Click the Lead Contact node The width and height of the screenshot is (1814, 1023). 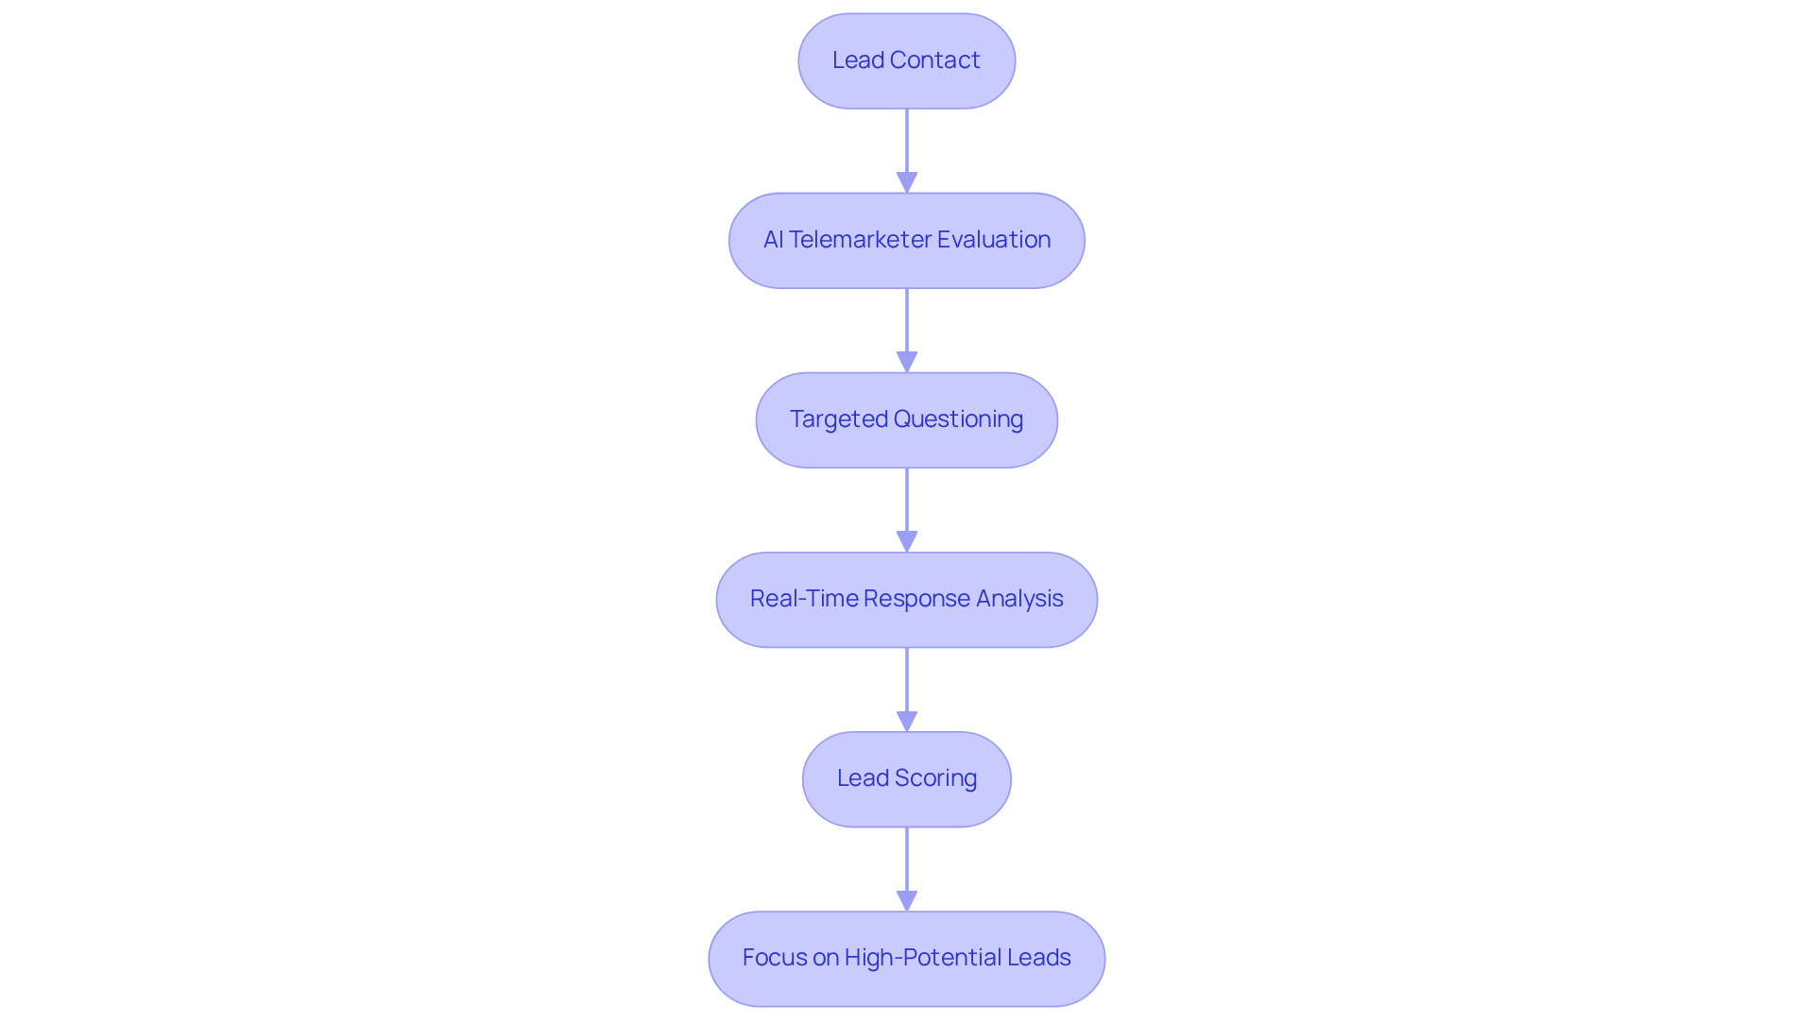(906, 60)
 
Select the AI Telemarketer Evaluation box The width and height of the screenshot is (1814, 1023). (906, 240)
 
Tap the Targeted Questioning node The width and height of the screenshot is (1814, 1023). (906, 419)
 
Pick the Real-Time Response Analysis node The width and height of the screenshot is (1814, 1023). (906, 599)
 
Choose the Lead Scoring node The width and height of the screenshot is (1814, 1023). (906, 778)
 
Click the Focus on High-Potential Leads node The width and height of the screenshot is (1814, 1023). (906, 958)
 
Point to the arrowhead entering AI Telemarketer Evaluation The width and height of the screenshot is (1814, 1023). (906, 182)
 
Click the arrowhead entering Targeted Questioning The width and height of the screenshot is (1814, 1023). (906, 362)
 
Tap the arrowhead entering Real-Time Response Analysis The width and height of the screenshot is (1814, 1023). (906, 541)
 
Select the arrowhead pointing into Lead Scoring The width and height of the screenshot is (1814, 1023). (906, 721)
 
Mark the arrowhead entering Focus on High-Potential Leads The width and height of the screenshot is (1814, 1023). (906, 900)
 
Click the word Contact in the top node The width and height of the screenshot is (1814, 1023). (934, 60)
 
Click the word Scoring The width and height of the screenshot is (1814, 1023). (935, 778)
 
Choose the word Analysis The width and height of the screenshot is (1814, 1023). (1019, 599)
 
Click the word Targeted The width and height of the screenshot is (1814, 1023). (838, 419)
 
